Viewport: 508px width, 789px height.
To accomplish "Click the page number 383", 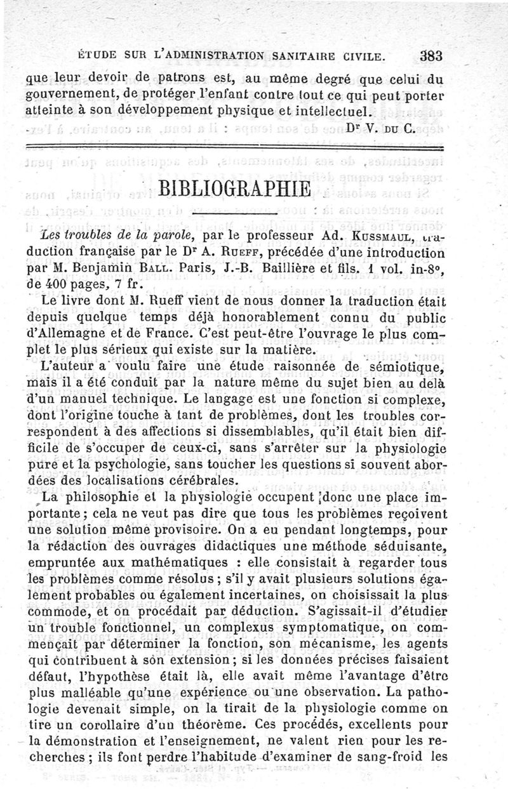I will [x=431, y=56].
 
